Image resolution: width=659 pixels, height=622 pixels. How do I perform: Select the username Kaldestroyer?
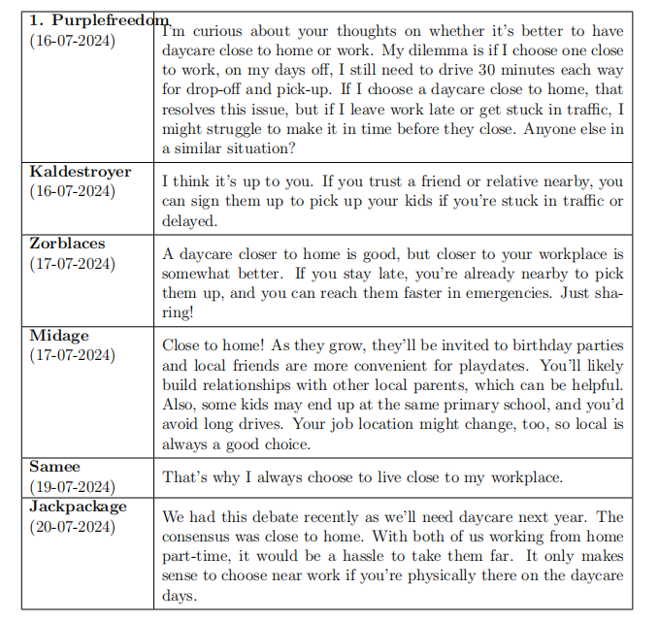coord(81,171)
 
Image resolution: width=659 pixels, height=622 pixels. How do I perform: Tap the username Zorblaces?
coord(68,244)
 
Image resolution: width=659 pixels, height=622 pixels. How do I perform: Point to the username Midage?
coord(59,335)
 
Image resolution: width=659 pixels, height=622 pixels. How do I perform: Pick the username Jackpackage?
coord(78,507)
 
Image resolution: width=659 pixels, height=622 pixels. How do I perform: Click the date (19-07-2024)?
coord(72,487)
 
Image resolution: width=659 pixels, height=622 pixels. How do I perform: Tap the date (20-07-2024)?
coord(72,527)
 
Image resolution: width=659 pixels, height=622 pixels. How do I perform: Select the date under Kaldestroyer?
coord(72,191)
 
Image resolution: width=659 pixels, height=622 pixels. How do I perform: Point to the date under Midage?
coord(72,355)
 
